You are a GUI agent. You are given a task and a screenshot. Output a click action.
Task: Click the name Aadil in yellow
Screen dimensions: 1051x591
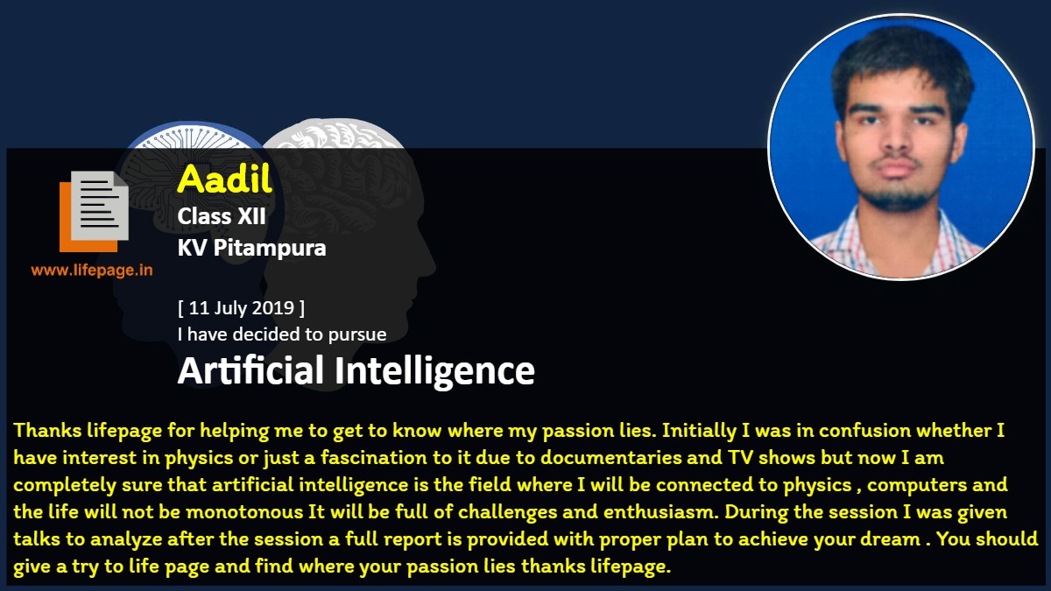click(225, 179)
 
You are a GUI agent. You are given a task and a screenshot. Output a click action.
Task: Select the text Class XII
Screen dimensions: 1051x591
click(222, 216)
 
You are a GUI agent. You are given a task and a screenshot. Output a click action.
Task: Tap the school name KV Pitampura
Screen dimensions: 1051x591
click(251, 248)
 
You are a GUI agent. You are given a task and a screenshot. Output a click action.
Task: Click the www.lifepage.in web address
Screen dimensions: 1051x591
click(92, 271)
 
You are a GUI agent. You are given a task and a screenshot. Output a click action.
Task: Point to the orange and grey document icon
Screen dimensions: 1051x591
click(94, 211)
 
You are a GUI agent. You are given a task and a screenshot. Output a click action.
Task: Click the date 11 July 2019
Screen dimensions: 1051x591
click(241, 307)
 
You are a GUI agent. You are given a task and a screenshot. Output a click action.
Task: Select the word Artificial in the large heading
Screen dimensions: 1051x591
click(250, 370)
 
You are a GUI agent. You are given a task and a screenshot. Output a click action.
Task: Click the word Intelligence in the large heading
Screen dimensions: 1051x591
click(434, 371)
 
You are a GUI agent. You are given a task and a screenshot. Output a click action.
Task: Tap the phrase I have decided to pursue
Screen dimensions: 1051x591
click(282, 334)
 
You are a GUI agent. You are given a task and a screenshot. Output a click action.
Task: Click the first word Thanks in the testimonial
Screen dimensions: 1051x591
click(47, 430)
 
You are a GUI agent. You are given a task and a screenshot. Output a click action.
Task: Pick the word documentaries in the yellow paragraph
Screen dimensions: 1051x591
click(611, 457)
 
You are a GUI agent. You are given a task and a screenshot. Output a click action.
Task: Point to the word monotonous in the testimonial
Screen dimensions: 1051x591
click(244, 511)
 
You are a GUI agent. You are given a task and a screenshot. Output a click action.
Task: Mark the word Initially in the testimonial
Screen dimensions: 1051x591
click(699, 431)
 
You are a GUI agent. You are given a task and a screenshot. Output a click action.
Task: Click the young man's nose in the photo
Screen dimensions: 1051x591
click(895, 140)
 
